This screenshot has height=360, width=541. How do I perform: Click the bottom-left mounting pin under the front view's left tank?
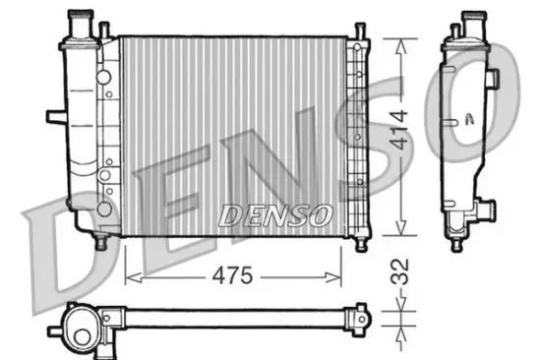99,239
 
